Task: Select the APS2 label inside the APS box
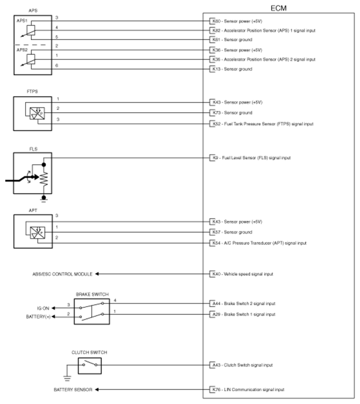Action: click(22, 50)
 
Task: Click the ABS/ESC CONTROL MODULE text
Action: click(62, 274)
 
